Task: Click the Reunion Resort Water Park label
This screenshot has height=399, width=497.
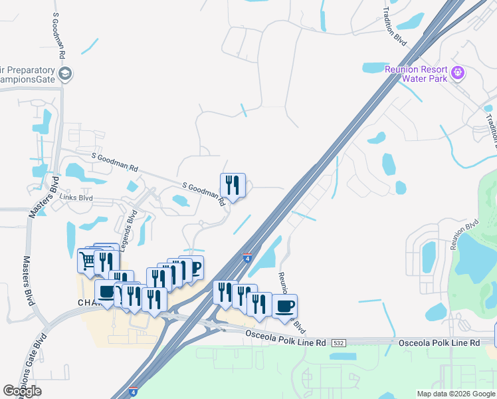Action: pyautogui.click(x=415, y=73)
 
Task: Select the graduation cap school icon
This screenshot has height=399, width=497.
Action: pyautogui.click(x=65, y=74)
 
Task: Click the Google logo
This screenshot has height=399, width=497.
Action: pyautogui.click(x=22, y=391)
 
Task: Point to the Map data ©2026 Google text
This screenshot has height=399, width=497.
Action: pyautogui.click(x=456, y=394)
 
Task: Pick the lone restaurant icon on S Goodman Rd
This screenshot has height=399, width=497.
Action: pyautogui.click(x=233, y=184)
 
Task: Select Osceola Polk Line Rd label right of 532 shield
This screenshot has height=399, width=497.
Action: pyautogui.click(x=438, y=342)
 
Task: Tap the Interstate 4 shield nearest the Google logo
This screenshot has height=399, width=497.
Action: pyautogui.click(x=133, y=392)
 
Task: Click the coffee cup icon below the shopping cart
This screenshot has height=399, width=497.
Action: pyautogui.click(x=106, y=291)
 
